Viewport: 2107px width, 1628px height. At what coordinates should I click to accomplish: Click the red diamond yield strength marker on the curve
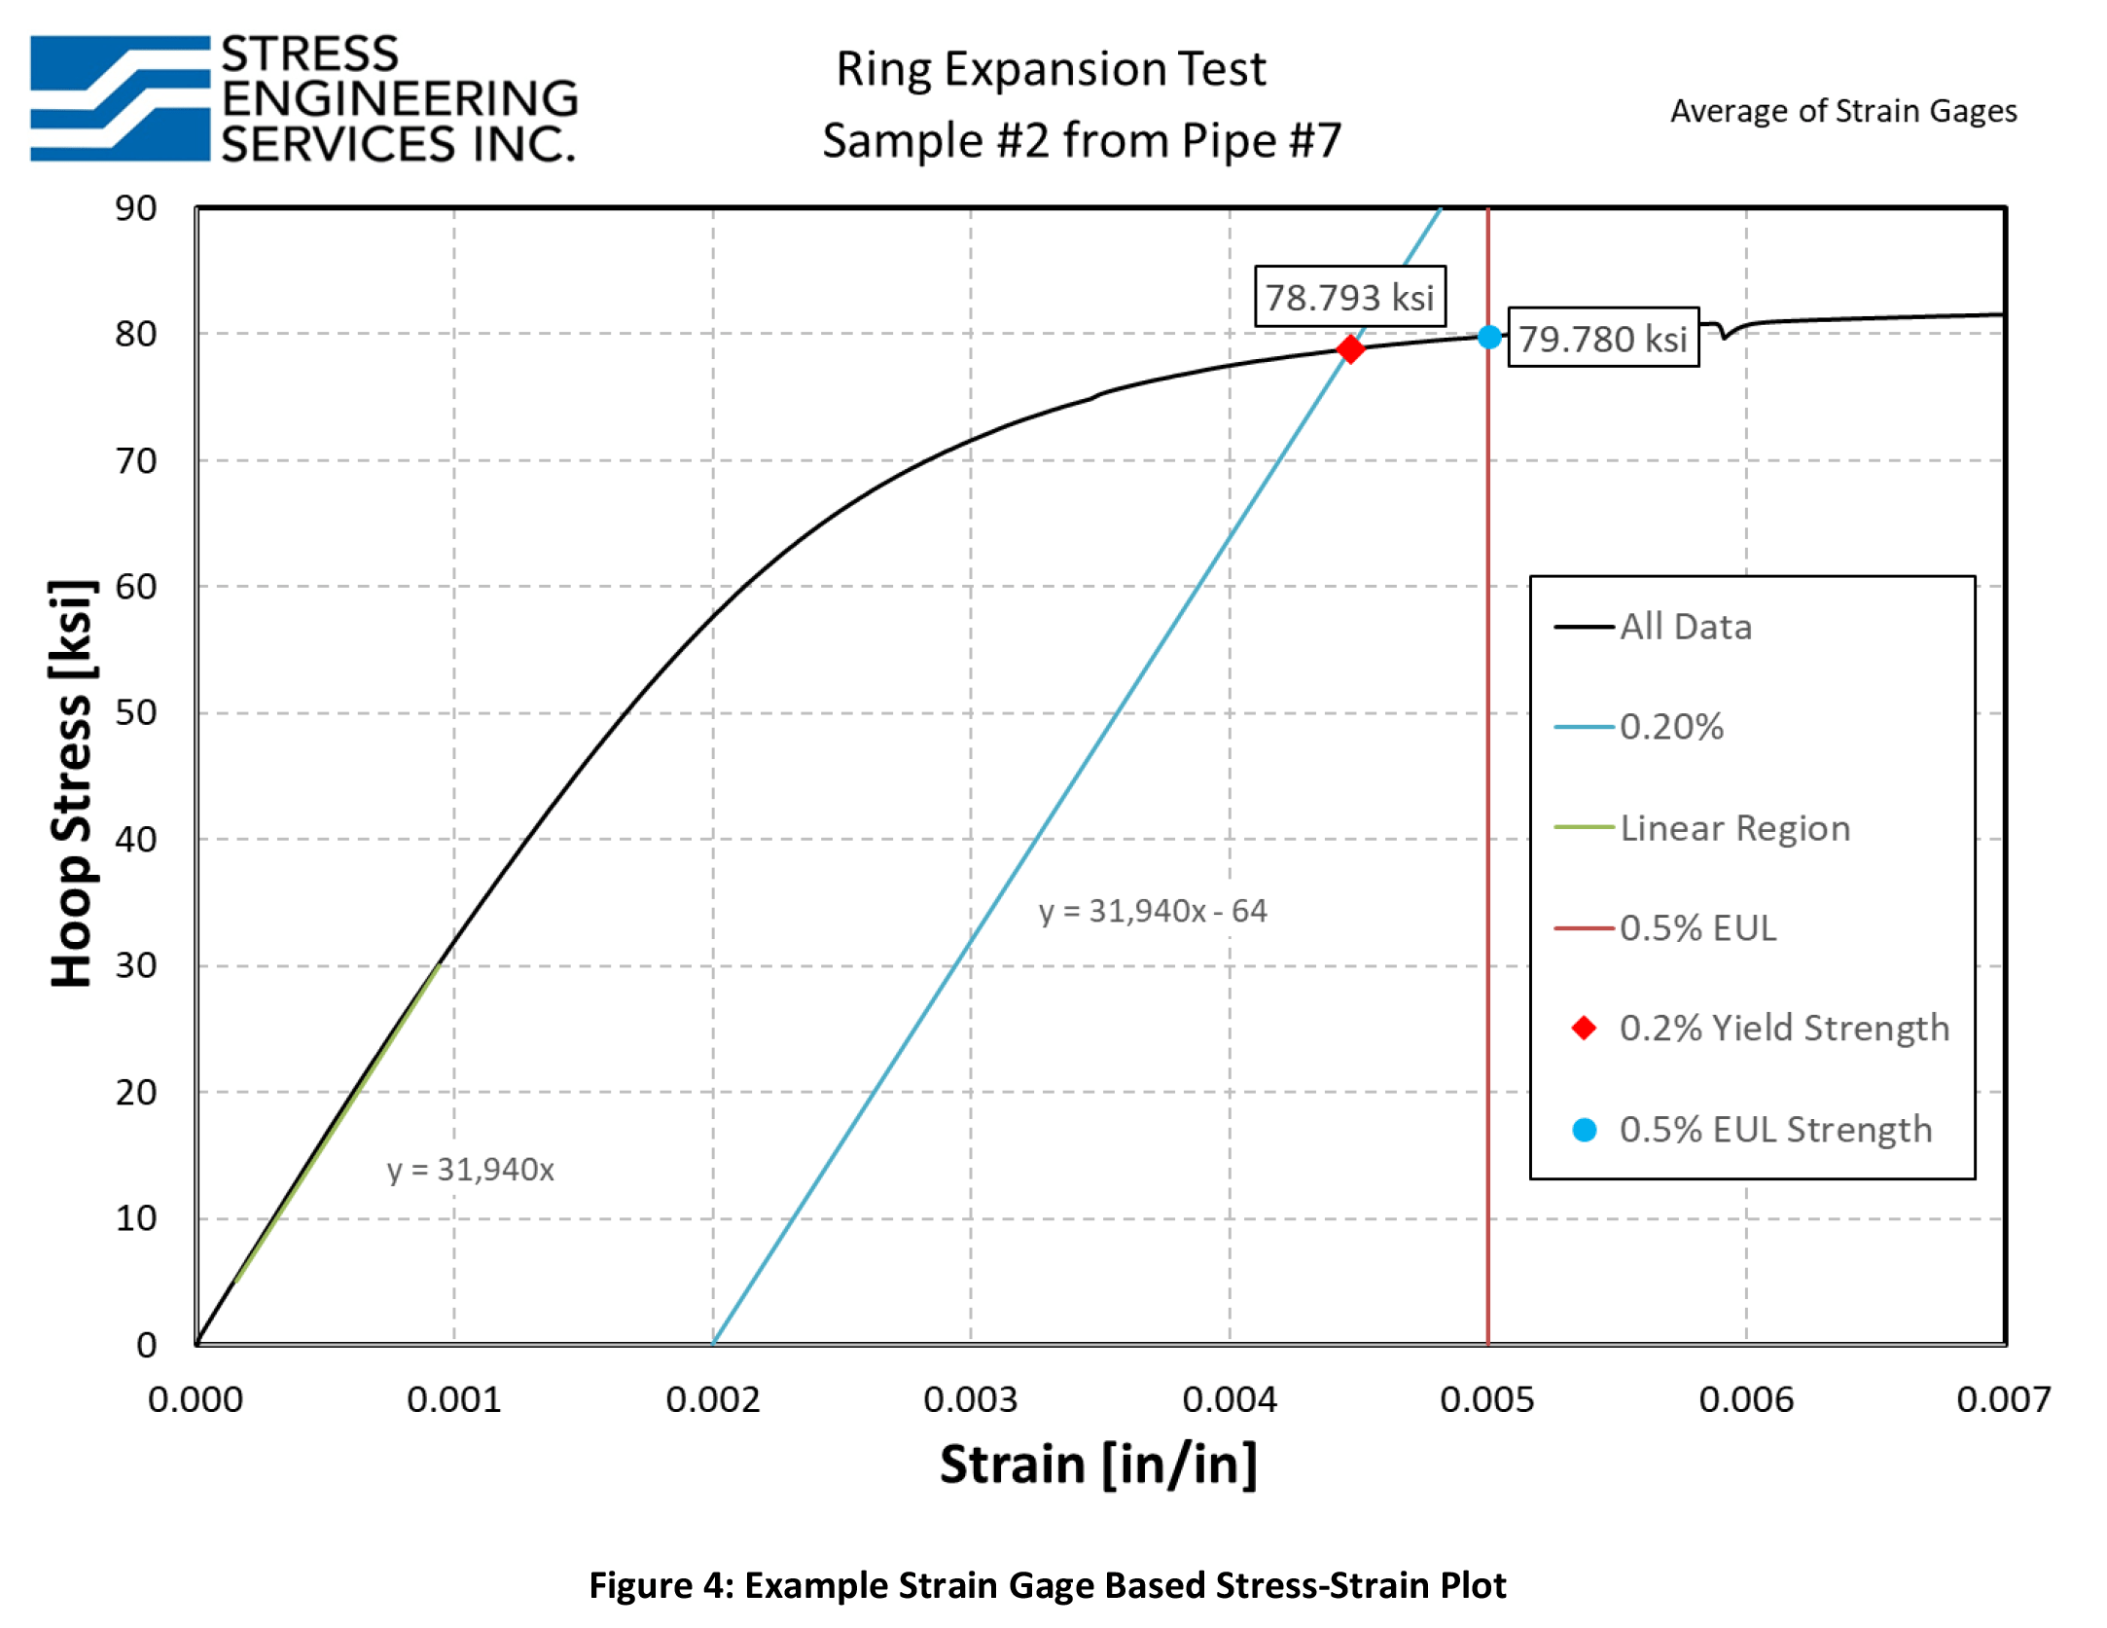click(x=1349, y=348)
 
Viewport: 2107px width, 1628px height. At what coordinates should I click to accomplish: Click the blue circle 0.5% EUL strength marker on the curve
click(x=1488, y=337)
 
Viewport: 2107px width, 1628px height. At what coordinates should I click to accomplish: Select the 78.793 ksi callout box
click(x=1349, y=297)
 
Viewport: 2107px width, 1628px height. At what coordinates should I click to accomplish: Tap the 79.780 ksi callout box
click(x=1602, y=339)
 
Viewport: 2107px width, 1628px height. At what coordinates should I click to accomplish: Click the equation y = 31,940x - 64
click(x=1152, y=911)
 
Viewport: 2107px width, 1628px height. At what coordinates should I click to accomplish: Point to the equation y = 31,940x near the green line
click(x=470, y=1169)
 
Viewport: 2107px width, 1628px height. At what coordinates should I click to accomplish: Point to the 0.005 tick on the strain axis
click(x=1486, y=1400)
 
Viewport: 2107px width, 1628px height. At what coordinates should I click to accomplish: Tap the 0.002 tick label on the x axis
click(x=712, y=1400)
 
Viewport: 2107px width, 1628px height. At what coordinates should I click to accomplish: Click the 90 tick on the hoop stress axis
click(x=136, y=208)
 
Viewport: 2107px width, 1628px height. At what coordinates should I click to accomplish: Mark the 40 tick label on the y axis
click(x=136, y=839)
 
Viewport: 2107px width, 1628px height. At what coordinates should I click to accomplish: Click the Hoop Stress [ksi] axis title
click(x=72, y=783)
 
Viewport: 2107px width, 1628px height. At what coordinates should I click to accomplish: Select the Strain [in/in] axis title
click(x=1098, y=1465)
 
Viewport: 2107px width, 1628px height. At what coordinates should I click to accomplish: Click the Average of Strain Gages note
click(x=1842, y=111)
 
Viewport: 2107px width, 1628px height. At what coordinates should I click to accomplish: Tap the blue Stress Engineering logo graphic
click(x=120, y=98)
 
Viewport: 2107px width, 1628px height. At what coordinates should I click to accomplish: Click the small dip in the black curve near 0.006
click(x=1724, y=335)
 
